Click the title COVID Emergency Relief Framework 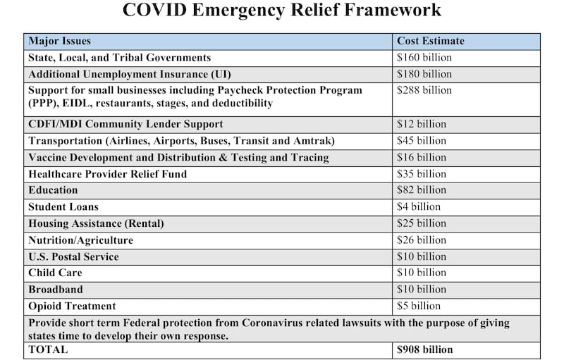282,11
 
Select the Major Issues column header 60,41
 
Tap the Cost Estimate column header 431,41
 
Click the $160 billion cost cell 424,58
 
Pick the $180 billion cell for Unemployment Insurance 424,74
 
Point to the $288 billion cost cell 424,90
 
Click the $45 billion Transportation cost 422,140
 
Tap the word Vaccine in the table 49,157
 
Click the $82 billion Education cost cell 422,190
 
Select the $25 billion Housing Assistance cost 422,223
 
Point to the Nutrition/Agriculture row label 80,240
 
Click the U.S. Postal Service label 73,256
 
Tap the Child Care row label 55,273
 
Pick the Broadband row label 55,290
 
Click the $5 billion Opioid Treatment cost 419,306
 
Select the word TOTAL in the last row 48,349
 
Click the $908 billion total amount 425,349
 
